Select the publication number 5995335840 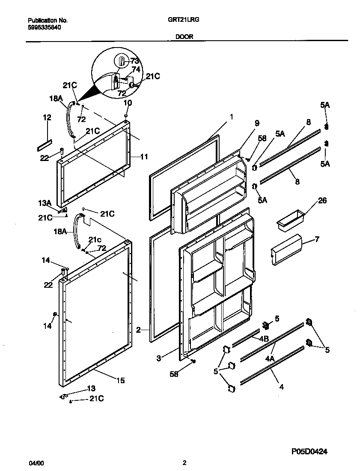(x=44, y=27)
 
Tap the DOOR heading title (x=184, y=37)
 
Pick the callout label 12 (x=47, y=117)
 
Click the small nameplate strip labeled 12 (x=45, y=143)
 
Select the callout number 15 (x=121, y=380)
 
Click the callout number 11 (x=144, y=157)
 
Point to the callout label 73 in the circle (x=135, y=60)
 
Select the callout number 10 (x=128, y=103)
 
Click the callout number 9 (x=257, y=123)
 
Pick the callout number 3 (x=159, y=358)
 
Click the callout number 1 (x=231, y=116)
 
